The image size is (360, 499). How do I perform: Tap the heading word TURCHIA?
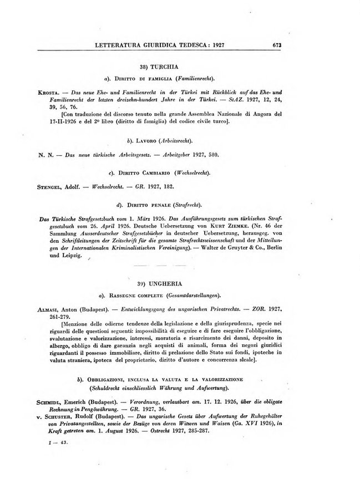pyautogui.click(x=189, y=67)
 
